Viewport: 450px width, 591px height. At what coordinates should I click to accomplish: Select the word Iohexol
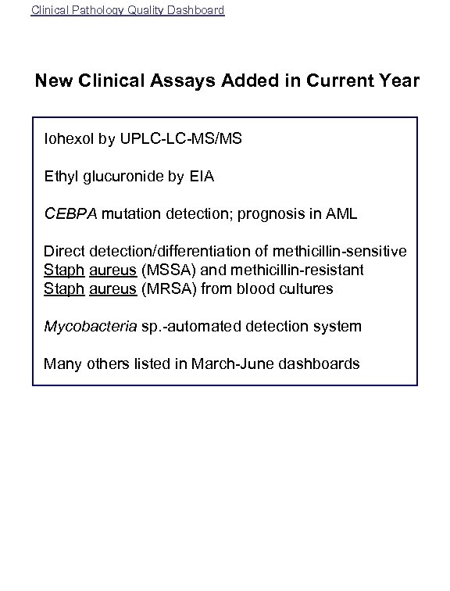pyautogui.click(x=70, y=139)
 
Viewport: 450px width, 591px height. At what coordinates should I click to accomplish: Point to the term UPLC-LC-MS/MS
pyautogui.click(x=181, y=139)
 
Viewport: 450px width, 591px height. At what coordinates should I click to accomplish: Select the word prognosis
pyautogui.click(x=276, y=214)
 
